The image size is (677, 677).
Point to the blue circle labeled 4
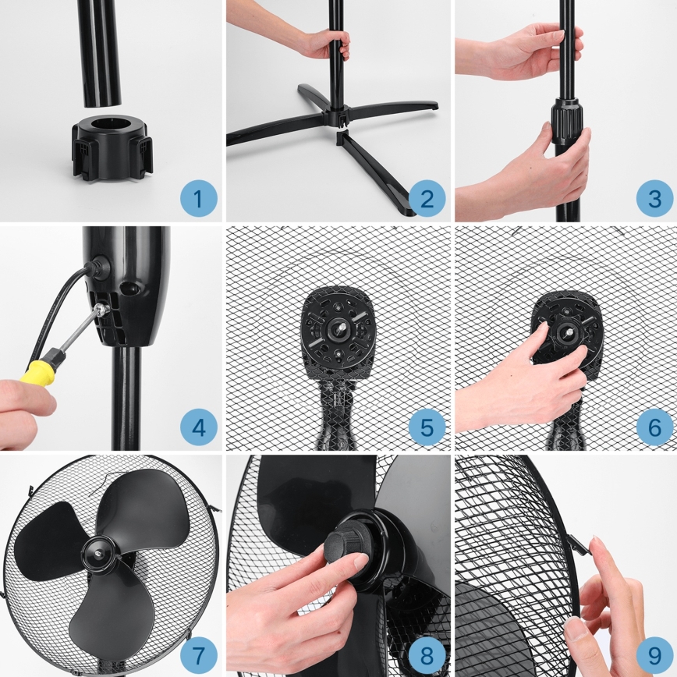tap(198, 427)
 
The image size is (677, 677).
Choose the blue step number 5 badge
tap(427, 427)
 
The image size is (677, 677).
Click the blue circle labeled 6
tap(654, 427)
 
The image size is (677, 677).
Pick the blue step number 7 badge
tap(198, 654)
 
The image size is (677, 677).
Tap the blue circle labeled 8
tap(427, 654)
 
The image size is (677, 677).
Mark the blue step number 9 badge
tap(654, 654)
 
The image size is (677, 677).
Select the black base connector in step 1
tap(112, 147)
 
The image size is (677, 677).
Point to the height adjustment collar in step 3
tap(569, 123)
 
